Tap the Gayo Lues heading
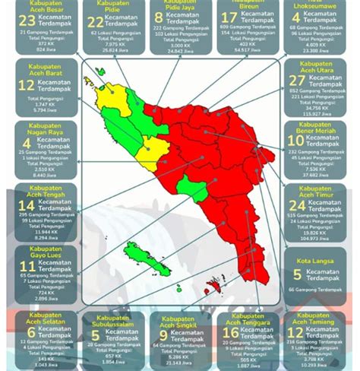pyautogui.click(x=45, y=250)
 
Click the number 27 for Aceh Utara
pyautogui.click(x=298, y=82)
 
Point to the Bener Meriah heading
pyautogui.click(x=317, y=130)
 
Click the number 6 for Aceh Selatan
pyautogui.click(x=31, y=331)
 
